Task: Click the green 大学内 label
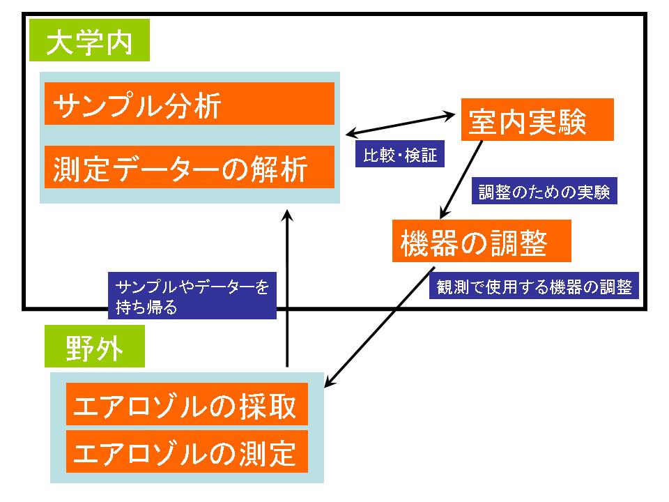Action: [89, 40]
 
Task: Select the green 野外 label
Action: [95, 347]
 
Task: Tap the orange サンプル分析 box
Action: [190, 104]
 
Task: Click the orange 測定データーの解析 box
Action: [190, 167]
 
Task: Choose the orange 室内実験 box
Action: [537, 119]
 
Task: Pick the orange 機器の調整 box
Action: [482, 241]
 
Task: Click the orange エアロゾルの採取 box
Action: [187, 404]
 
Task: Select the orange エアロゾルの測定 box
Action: [187, 452]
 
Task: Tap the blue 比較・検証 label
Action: [400, 153]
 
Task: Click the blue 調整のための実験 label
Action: [544, 190]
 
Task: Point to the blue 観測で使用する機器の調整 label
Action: [534, 285]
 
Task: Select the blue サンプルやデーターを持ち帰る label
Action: [192, 296]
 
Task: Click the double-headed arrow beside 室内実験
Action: [400, 125]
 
